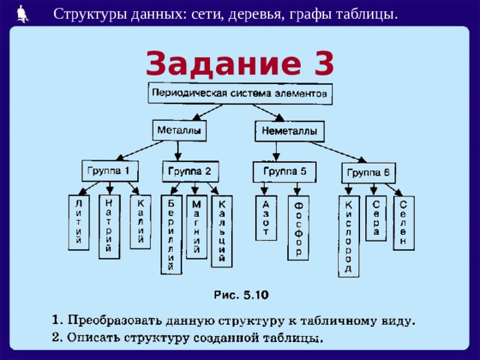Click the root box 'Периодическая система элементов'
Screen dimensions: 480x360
240,93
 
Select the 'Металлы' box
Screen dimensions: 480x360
179,130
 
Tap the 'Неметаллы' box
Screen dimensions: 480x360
289,131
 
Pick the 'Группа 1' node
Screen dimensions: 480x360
110,171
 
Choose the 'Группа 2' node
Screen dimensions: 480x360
190,172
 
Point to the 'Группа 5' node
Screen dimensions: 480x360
285,172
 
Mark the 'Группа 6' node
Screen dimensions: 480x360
368,173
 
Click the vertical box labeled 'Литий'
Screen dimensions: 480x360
79,223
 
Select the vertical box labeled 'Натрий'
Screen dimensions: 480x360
109,226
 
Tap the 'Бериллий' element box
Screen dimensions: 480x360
172,235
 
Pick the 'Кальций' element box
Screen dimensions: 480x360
222,232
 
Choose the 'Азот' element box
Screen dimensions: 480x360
266,218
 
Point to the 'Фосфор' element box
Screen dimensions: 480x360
298,228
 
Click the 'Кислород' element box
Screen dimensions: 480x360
349,237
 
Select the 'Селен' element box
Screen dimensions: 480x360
404,223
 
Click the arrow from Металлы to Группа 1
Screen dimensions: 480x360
140,151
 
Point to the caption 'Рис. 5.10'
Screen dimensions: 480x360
241,295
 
